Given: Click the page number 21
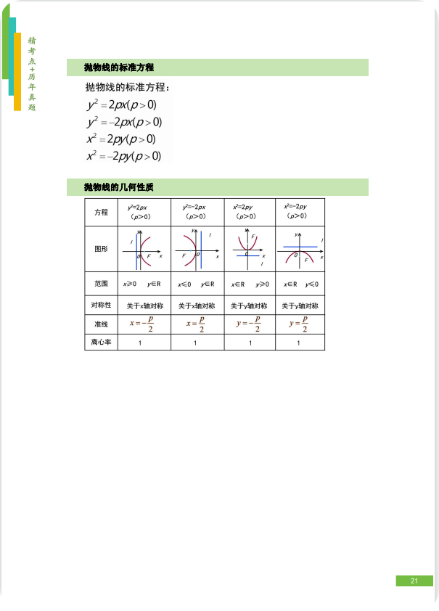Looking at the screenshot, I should tap(414, 581).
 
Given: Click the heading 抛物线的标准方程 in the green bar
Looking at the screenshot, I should tap(118, 67).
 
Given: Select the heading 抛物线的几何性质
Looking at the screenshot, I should tap(118, 187).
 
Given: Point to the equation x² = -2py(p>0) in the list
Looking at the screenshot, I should tap(124, 156).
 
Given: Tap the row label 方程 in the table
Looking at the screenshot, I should tap(101, 212).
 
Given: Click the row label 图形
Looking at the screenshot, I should tap(101, 248).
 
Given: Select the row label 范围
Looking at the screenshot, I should tap(101, 284).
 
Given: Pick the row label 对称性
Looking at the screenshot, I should tap(101, 305).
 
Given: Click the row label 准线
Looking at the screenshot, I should tap(101, 324).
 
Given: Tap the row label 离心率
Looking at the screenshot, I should tap(101, 342).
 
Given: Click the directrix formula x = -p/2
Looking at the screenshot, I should tap(142, 324).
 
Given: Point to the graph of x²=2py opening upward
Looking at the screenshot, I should tap(250, 248).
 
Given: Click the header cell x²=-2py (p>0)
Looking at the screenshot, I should tap(297, 211).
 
